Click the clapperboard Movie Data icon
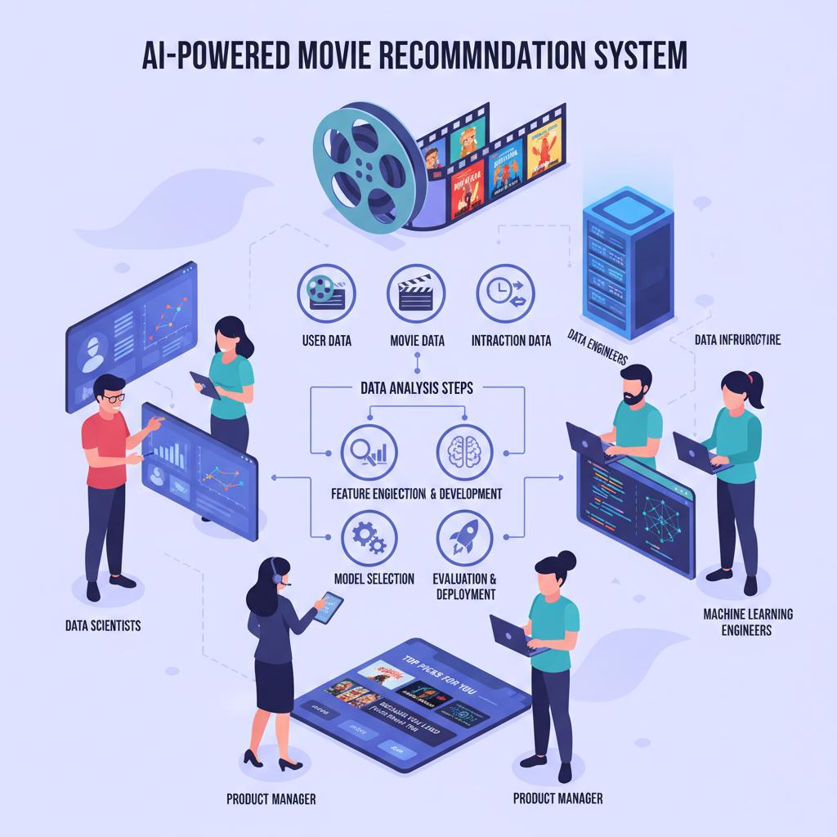(x=416, y=292)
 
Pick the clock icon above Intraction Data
(x=505, y=292)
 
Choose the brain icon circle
(x=465, y=450)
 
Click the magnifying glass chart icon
(x=367, y=450)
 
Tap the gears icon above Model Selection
(x=367, y=536)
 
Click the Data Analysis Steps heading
(x=417, y=389)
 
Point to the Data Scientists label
(x=103, y=625)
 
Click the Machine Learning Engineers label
(x=736, y=622)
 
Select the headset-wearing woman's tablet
(x=329, y=607)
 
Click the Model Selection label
(x=374, y=578)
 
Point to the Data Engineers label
(x=596, y=348)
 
